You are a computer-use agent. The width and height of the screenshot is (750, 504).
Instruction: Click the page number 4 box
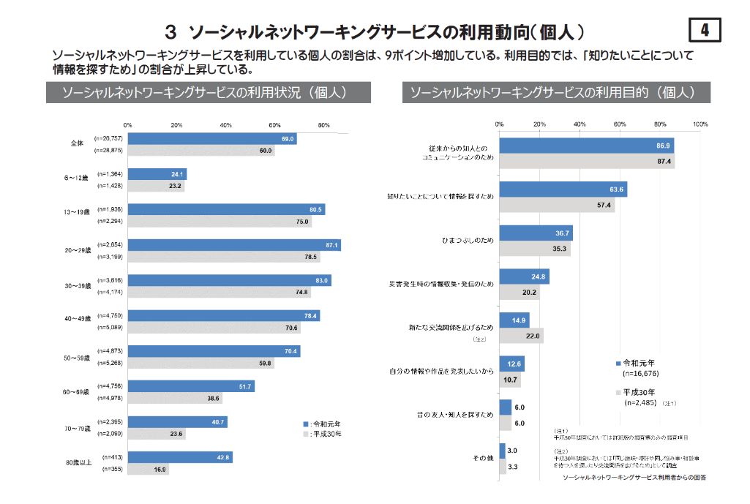[704, 30]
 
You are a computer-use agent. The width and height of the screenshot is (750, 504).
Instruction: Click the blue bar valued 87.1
[234, 245]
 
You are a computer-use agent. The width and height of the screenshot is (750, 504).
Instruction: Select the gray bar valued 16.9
[149, 470]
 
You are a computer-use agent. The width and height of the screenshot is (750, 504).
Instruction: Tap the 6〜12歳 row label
[75, 178]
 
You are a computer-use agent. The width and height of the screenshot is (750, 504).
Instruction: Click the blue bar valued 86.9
[586, 146]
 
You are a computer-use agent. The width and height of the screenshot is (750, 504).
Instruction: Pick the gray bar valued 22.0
[521, 336]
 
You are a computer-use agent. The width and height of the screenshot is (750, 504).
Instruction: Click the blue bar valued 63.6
[563, 189]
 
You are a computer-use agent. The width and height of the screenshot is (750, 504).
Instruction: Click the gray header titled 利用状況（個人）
[208, 93]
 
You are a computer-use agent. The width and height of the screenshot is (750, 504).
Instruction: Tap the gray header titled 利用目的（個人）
[558, 93]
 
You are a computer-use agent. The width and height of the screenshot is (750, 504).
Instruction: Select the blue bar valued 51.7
[191, 386]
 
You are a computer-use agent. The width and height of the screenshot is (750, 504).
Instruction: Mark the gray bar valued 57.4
[556, 206]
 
